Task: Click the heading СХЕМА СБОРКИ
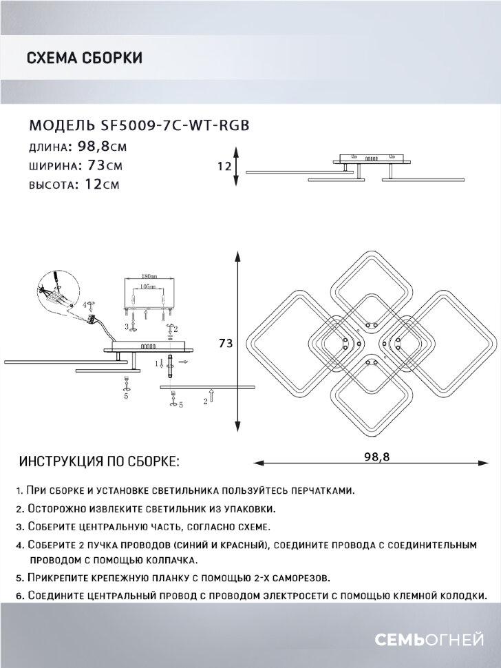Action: coord(84,58)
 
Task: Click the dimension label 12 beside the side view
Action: coord(224,166)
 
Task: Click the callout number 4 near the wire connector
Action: coord(85,303)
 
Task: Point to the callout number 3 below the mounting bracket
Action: coord(126,325)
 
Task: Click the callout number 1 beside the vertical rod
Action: coord(157,362)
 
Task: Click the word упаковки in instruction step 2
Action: coord(248,509)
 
